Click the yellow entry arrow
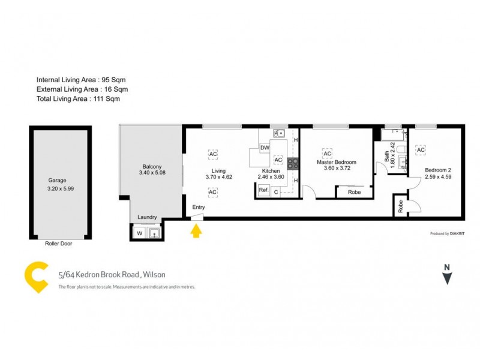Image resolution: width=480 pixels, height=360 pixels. pyautogui.click(x=196, y=230)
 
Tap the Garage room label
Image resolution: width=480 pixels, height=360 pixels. pyautogui.click(x=57, y=180)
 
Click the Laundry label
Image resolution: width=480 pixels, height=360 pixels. pyautogui.click(x=147, y=217)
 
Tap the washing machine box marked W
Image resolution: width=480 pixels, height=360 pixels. pyautogui.click(x=139, y=232)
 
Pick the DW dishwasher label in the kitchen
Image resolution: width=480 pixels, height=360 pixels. pyautogui.click(x=264, y=148)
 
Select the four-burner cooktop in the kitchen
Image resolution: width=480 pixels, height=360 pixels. pyautogui.click(x=293, y=163)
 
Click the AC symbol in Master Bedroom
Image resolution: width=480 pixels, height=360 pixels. pyautogui.click(x=328, y=152)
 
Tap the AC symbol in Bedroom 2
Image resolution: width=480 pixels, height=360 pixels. pyautogui.click(x=421, y=149)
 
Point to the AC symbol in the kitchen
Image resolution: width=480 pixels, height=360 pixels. pyautogui.click(x=278, y=160)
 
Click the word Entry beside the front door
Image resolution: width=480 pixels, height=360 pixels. pyautogui.click(x=199, y=208)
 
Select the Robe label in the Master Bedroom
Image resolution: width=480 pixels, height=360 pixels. pyautogui.click(x=354, y=193)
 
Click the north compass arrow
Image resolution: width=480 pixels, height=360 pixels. pyautogui.click(x=446, y=277)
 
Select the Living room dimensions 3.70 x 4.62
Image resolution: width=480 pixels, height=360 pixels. pyautogui.click(x=214, y=177)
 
